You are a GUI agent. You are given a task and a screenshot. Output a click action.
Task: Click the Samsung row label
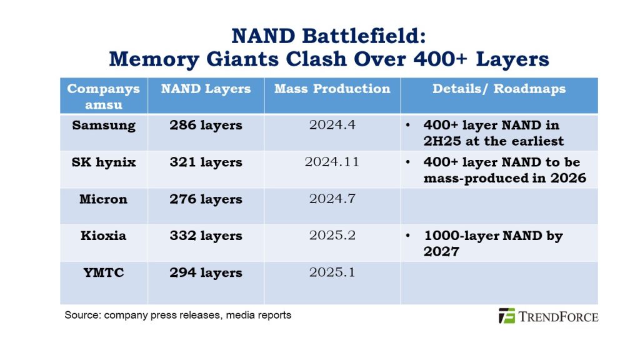[104, 125]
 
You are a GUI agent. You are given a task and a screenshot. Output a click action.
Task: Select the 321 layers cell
[206, 162]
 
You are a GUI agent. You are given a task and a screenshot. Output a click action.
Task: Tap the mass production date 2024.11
[332, 162]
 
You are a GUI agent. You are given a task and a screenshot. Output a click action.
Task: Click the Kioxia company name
[104, 236]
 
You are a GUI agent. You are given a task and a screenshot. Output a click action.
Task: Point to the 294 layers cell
[206, 272]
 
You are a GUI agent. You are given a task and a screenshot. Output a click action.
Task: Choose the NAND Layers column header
[206, 89]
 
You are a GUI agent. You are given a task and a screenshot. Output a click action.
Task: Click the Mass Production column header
[332, 89]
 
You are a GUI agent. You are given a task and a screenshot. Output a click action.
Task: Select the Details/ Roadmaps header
[499, 89]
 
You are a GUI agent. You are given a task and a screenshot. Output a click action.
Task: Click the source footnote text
[178, 315]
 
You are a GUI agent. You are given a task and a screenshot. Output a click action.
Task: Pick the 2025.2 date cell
[332, 236]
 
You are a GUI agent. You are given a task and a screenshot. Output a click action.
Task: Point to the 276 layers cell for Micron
[206, 199]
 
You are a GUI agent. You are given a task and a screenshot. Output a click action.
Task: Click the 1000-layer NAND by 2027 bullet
[493, 243]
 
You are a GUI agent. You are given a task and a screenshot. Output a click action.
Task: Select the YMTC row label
[104, 272]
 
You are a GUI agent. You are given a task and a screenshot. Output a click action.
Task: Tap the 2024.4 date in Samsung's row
[332, 125]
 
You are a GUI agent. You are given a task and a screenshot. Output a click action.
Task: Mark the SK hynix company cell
[104, 162]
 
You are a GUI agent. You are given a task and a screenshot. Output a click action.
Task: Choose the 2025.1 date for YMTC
[332, 272]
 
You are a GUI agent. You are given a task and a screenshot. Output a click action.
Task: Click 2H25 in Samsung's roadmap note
[441, 141]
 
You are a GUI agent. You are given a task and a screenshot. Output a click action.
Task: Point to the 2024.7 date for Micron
[332, 199]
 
